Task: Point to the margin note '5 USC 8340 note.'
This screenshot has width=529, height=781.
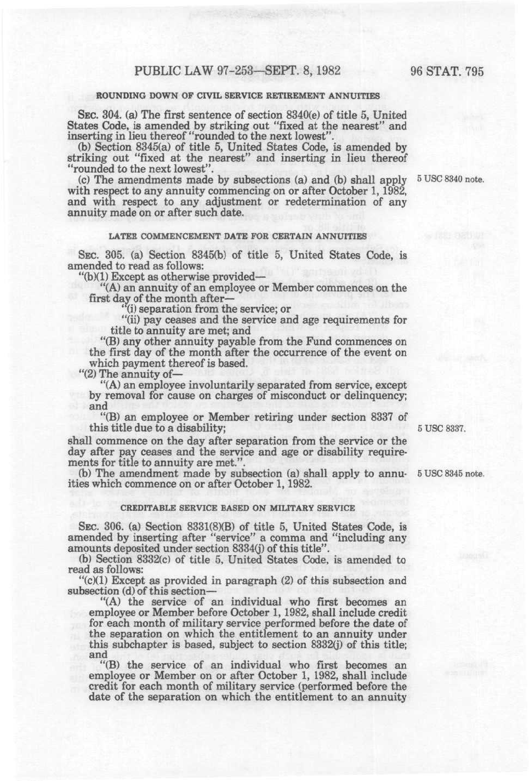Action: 450,179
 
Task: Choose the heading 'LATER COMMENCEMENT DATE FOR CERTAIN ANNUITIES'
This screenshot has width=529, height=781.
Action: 238,237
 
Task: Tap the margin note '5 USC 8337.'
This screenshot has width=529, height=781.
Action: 441,429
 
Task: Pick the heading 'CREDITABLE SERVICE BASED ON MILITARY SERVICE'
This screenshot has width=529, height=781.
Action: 238,508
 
